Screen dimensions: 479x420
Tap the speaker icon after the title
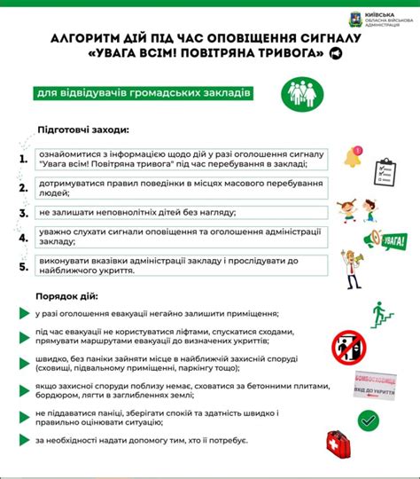334,54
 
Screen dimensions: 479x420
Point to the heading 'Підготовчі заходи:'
83,129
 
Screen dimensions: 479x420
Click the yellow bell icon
355,158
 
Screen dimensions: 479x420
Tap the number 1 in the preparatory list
24,159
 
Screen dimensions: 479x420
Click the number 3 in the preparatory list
24,213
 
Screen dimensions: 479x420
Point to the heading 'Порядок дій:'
67,295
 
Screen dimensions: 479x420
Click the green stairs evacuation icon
382,313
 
